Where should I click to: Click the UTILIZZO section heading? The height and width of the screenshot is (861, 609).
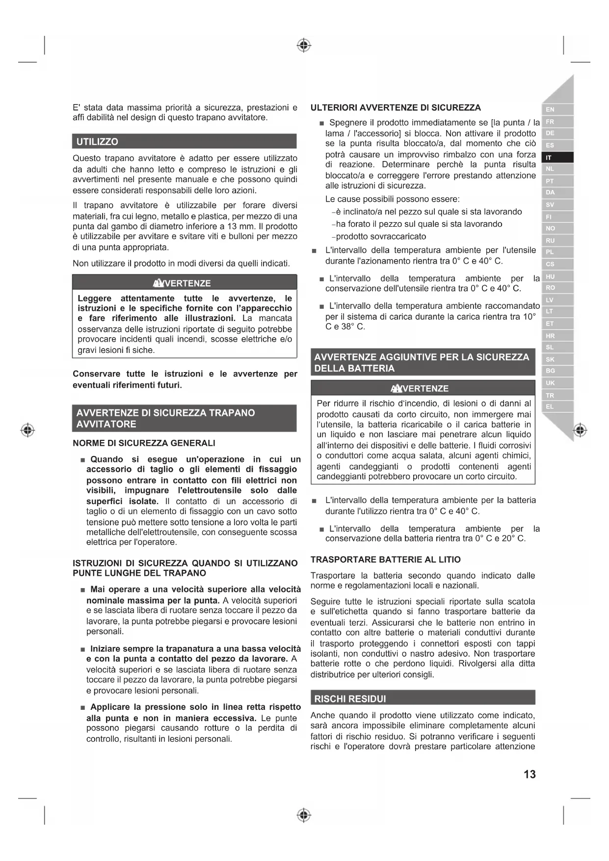point(97,141)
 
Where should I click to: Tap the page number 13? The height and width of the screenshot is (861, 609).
point(530,774)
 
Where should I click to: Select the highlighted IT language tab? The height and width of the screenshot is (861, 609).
point(549,158)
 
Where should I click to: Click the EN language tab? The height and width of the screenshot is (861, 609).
point(550,109)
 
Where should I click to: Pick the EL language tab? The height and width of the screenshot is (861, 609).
point(550,406)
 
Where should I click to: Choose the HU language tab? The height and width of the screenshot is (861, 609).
point(550,276)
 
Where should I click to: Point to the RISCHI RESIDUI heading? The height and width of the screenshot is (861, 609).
point(350,699)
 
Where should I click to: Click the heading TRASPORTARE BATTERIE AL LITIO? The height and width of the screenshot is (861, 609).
point(385,560)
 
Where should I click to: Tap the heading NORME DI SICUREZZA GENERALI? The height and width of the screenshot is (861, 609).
point(144,443)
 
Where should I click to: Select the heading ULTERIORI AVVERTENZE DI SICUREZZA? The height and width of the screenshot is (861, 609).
point(396,108)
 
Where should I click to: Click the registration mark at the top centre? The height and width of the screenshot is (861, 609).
point(304,46)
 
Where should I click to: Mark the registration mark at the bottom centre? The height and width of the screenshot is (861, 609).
point(304,815)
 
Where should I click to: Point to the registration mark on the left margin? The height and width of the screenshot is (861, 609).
point(28,430)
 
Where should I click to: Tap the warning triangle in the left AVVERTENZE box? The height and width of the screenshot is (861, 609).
point(158,283)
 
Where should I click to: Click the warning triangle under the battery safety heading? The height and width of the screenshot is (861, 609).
point(396,389)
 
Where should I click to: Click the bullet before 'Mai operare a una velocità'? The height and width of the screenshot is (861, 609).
point(83,590)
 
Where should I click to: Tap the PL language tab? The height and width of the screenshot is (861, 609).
point(550,252)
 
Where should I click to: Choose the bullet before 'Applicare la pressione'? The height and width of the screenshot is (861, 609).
point(83,708)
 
